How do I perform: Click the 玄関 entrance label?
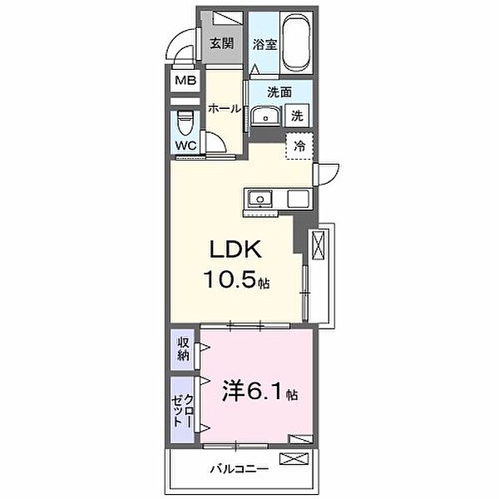point(222,43)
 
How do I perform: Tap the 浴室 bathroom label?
point(264,45)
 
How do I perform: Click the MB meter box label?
point(185,80)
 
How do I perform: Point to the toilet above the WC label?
point(185,122)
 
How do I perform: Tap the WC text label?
point(186,146)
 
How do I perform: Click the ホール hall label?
point(225,108)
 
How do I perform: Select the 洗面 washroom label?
point(279,92)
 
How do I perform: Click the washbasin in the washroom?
point(266,116)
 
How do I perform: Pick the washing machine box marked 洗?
point(297,116)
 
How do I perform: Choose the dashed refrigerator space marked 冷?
point(299,146)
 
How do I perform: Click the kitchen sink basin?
point(260,199)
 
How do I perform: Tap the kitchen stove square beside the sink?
point(299,199)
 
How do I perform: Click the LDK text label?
point(235,249)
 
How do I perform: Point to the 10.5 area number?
point(230,279)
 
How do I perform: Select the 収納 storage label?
point(183,348)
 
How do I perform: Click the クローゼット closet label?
point(182,411)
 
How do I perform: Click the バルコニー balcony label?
point(240,469)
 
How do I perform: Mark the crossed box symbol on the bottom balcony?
point(294,458)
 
